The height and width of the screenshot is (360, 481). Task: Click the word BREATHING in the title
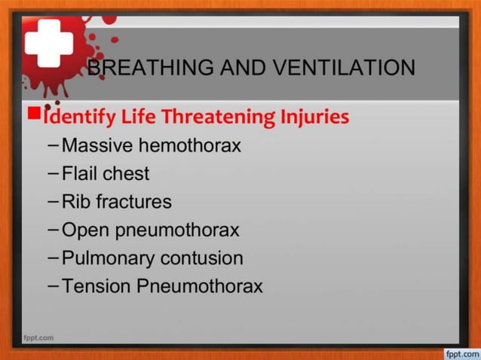coord(139,68)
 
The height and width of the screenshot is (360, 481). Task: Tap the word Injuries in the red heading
coord(314,117)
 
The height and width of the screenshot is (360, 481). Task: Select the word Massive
coord(96,145)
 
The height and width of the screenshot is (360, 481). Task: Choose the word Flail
coord(79,174)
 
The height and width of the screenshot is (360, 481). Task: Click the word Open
coord(86,230)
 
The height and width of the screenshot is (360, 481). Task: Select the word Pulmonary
coord(108,258)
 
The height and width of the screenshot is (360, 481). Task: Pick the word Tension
coord(97,286)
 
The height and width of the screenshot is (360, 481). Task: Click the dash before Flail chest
coord(52,174)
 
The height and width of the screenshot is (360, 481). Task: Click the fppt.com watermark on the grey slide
coord(38,337)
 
